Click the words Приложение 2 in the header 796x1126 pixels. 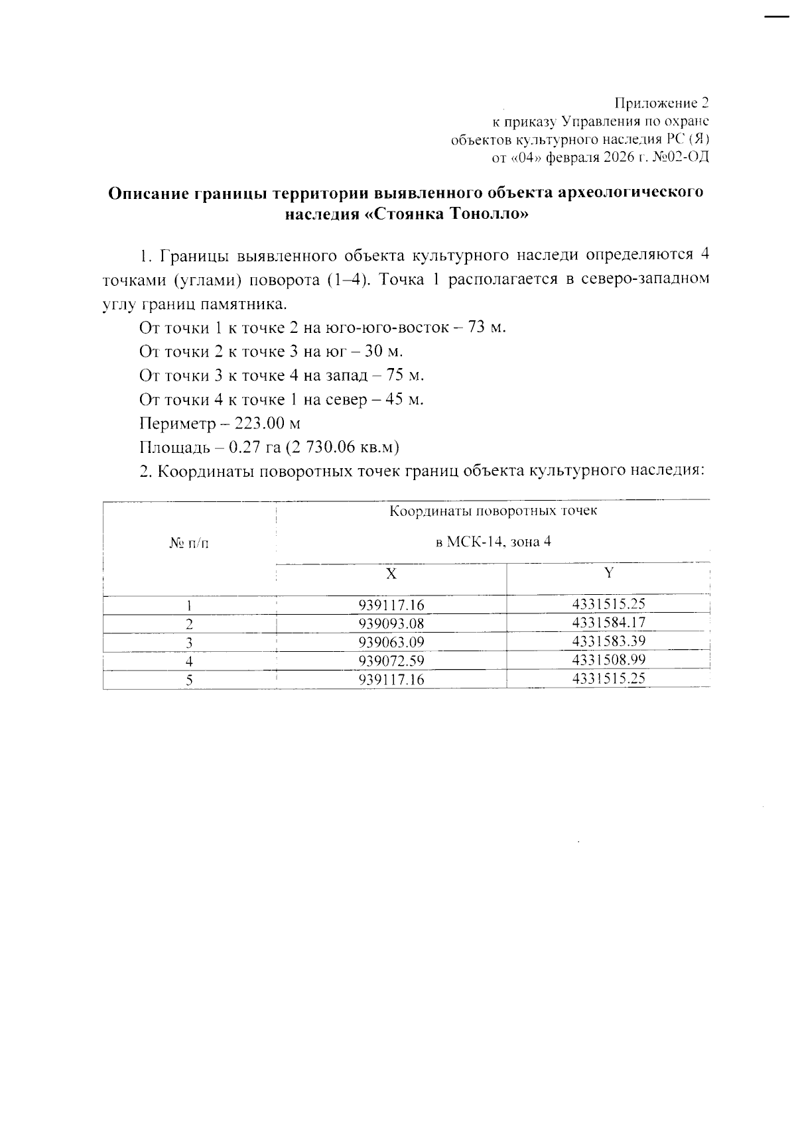click(661, 103)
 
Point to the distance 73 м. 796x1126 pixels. click(487, 328)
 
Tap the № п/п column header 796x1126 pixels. click(188, 544)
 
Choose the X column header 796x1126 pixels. click(391, 574)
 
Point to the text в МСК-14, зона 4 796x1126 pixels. click(493, 542)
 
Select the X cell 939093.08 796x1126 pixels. click(391, 624)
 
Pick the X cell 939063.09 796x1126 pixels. click(391, 643)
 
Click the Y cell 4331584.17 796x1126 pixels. click(608, 623)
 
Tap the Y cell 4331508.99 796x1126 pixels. click(608, 660)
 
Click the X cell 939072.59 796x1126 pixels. click(391, 661)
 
